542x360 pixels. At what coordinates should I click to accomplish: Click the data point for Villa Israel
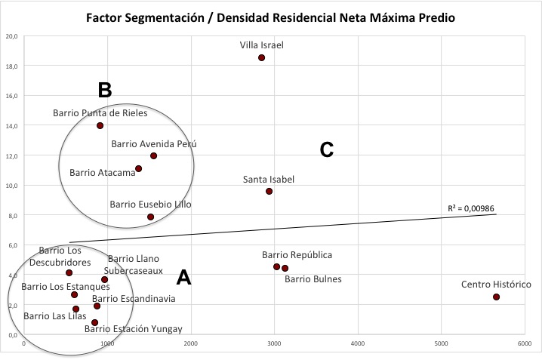(262, 57)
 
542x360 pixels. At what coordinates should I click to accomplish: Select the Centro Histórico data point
(496, 297)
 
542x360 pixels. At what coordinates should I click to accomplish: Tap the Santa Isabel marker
(269, 191)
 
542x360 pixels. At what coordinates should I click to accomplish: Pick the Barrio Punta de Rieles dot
(100, 125)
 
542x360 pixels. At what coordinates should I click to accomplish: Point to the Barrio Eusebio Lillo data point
(150, 217)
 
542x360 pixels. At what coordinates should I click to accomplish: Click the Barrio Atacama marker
(139, 168)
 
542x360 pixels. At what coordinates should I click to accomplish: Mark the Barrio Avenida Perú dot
(153, 155)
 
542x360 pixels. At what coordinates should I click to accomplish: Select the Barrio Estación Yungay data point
(94, 322)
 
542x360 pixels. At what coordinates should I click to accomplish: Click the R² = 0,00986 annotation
(471, 208)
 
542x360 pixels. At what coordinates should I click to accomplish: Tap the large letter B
(105, 90)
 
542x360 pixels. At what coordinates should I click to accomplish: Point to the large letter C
(327, 149)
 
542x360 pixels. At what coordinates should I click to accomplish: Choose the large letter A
(183, 278)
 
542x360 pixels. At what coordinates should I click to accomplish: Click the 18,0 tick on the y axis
(12, 66)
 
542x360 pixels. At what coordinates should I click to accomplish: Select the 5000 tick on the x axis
(441, 343)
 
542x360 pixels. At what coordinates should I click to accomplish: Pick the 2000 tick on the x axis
(190, 343)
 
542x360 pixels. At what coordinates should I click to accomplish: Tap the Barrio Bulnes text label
(313, 278)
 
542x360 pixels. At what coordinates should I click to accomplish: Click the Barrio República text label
(297, 255)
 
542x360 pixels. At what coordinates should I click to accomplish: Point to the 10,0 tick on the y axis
(12, 186)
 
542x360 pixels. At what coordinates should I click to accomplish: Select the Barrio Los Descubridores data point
(69, 272)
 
